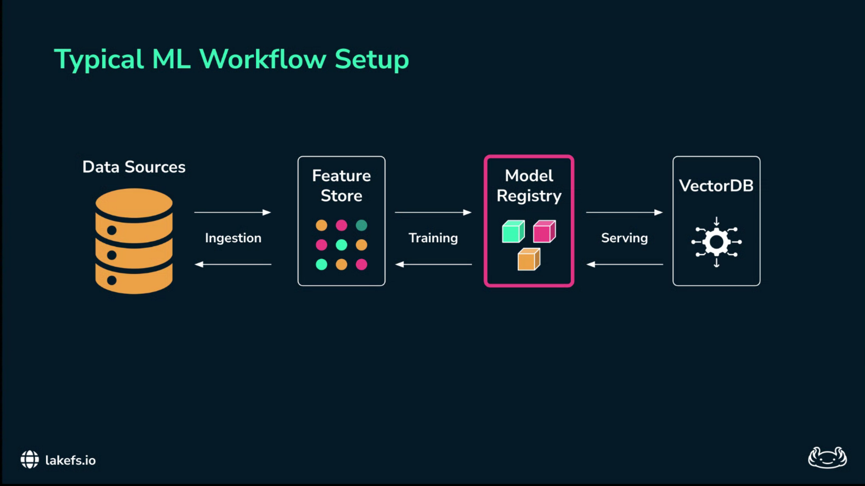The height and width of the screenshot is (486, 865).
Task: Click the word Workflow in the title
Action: (x=262, y=59)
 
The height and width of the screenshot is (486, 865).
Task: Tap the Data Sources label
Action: (x=134, y=167)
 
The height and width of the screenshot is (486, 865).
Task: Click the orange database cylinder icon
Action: (x=134, y=241)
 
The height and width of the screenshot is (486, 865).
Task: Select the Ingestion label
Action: (x=233, y=238)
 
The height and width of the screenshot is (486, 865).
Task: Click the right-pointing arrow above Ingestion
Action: (x=232, y=212)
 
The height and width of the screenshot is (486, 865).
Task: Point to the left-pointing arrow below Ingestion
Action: (x=233, y=265)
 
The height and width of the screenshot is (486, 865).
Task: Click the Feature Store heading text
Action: (x=341, y=186)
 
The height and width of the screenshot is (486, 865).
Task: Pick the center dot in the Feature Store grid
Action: (x=341, y=245)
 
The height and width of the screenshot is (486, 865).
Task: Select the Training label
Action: (x=433, y=238)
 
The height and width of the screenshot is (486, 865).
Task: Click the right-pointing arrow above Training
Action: (x=433, y=212)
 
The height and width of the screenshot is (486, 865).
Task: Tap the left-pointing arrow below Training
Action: (x=433, y=265)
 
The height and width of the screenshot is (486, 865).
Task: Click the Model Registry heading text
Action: (x=529, y=186)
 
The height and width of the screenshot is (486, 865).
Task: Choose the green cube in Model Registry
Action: (x=513, y=231)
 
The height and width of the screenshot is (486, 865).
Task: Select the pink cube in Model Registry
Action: (x=544, y=231)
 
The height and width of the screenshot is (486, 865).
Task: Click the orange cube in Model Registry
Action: (x=529, y=259)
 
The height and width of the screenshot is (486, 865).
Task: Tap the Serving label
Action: (x=624, y=238)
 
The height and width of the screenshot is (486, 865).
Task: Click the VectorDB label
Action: (x=716, y=186)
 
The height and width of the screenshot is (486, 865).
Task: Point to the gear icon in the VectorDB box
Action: (x=716, y=242)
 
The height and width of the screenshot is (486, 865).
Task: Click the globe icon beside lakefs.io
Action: (x=30, y=459)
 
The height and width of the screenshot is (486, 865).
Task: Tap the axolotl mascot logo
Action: (x=827, y=458)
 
